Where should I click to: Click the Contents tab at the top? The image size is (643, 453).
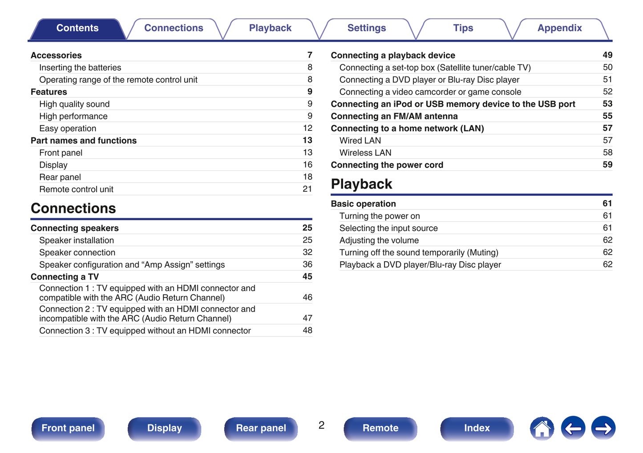[77, 28]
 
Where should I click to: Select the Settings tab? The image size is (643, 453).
[366, 28]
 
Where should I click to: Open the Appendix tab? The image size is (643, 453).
[559, 28]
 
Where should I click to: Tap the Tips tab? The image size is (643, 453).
[463, 28]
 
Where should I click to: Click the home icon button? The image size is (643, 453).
[542, 429]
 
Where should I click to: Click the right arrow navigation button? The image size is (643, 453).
[603, 428]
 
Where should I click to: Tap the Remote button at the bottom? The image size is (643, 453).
[380, 428]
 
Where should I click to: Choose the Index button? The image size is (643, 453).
[477, 428]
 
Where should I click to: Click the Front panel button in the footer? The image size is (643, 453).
[68, 428]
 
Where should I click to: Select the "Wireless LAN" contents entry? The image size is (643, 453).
[365, 153]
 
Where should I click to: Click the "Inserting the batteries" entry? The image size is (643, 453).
[80, 68]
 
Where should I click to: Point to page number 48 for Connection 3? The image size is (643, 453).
[307, 331]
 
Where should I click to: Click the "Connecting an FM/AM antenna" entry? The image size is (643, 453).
[394, 116]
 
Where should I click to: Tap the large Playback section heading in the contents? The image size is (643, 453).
[361, 184]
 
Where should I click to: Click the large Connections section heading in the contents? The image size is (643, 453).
[73, 208]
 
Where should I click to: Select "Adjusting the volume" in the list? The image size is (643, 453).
[379, 240]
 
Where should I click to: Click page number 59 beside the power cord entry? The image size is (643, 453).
[607, 165]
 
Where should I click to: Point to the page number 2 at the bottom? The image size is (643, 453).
[321, 425]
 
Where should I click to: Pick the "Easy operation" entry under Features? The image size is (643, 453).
[68, 129]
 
